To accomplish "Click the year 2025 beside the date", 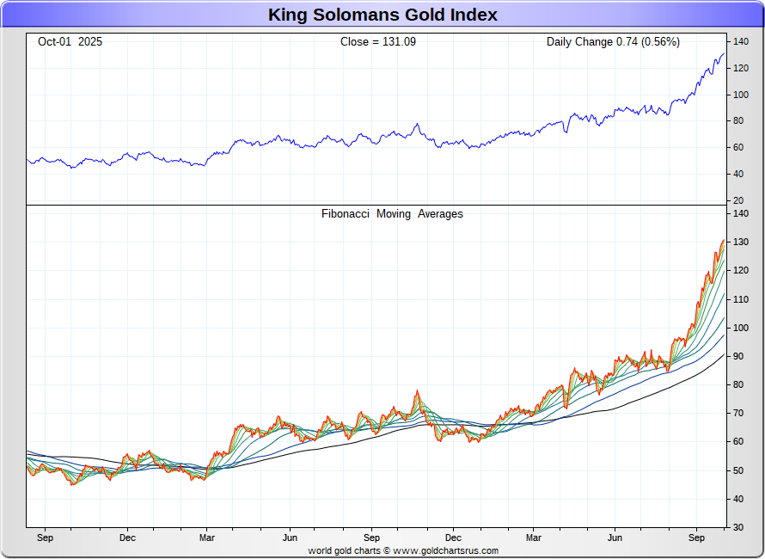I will pos(90,41).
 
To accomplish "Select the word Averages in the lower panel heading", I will pos(440,214).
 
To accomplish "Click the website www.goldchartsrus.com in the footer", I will pos(446,551).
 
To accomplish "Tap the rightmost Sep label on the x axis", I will pos(697,538).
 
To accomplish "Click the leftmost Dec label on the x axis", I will pos(127,538).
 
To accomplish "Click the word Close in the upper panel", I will pos(355,41).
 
